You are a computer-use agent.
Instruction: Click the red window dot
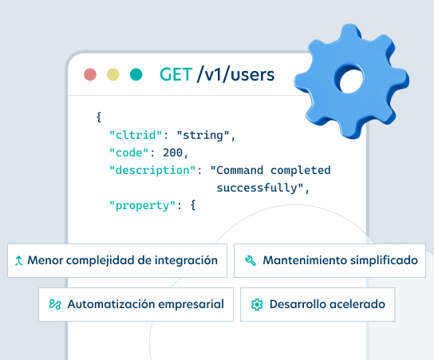coord(90,74)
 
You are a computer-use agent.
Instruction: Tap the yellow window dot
coord(113,74)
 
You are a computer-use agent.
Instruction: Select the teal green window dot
coord(136,74)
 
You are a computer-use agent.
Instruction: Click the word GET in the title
coord(176,74)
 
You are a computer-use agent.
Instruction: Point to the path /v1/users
coord(235,74)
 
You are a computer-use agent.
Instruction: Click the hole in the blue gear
coord(351,81)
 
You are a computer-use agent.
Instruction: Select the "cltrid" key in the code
coord(136,135)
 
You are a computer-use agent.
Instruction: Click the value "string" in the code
coord(203,136)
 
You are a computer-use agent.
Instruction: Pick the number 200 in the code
coord(172,152)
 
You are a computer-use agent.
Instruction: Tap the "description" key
coord(152,170)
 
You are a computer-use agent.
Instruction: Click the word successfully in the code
coord(257,188)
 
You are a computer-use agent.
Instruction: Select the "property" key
coord(143,206)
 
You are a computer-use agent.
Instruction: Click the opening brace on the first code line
coord(99,117)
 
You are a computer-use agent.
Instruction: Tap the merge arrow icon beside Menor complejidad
coord(18,260)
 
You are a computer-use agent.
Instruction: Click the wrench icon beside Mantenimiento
coord(251,260)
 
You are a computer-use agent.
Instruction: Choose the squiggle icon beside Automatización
coord(55,304)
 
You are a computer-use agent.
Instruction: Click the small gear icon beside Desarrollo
coord(257,304)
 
